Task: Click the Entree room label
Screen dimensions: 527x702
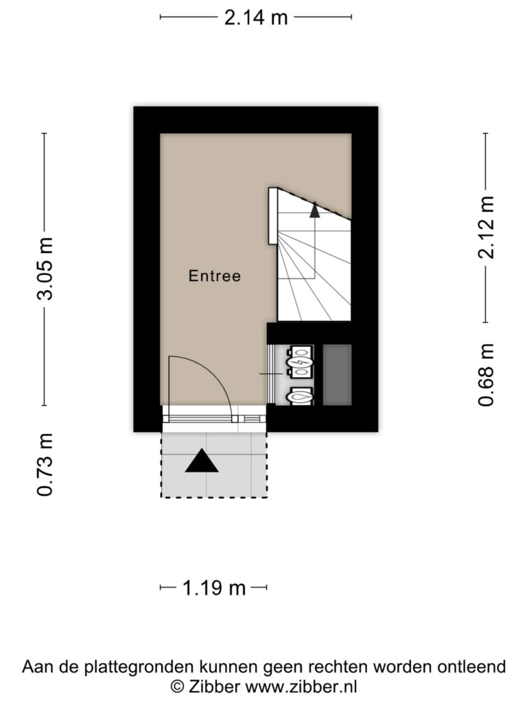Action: (215, 276)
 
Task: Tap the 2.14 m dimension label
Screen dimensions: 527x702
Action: (256, 17)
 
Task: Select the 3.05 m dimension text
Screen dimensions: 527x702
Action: (45, 269)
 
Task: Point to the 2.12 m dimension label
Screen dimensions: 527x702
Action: (486, 228)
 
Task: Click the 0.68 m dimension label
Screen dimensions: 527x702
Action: (486, 375)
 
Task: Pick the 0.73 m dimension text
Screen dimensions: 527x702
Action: (45, 465)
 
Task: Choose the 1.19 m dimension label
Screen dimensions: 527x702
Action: (214, 588)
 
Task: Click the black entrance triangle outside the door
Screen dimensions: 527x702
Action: (202, 461)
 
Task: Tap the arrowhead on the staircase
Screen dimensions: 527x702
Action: (315, 210)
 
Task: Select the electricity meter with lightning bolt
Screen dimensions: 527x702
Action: (300, 361)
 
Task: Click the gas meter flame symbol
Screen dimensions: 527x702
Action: (300, 396)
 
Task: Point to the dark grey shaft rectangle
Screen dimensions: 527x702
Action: (337, 375)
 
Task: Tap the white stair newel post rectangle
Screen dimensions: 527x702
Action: (273, 216)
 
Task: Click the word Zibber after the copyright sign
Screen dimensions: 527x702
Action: (215, 686)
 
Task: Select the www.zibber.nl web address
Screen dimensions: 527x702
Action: (301, 686)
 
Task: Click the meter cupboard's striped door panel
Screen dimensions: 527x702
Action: (270, 374)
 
